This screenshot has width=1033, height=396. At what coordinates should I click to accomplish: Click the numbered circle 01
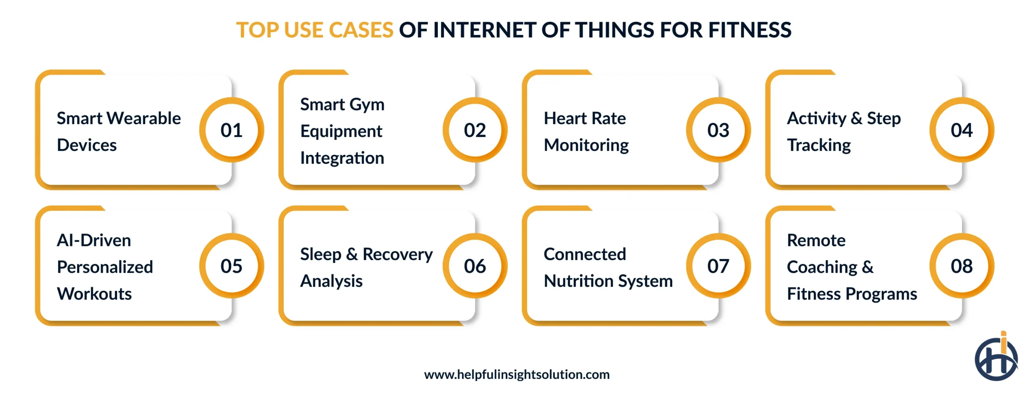pos(231,130)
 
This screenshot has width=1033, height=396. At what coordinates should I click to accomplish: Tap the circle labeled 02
pos(475,130)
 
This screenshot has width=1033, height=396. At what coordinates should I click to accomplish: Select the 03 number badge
pos(718,130)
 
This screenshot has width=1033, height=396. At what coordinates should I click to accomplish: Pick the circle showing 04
pos(962,130)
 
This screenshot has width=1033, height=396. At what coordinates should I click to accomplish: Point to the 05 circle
pos(231,266)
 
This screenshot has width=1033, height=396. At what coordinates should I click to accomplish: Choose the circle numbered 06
pos(475,266)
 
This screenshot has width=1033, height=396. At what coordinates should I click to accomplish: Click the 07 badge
pos(718,266)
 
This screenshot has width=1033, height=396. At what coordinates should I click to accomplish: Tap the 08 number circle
pos(962,266)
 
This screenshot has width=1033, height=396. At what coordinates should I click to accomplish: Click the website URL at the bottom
pos(516,374)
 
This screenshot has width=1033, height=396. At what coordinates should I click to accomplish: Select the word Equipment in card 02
pos(341,131)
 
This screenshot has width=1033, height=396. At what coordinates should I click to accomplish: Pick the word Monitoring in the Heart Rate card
pos(586,145)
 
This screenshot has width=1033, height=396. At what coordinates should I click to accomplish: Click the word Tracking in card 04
pos(819,145)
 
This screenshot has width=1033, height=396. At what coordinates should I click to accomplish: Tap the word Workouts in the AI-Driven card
pos(94,294)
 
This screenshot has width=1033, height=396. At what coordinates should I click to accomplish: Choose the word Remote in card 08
pos(816,240)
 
